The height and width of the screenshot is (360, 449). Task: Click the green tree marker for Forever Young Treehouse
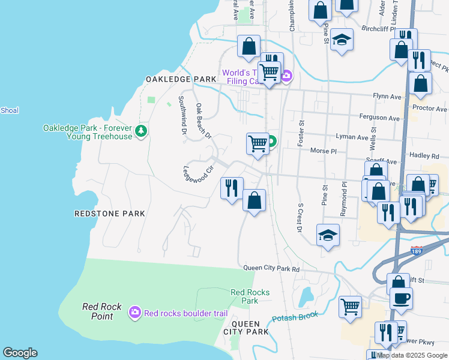pos(142,131)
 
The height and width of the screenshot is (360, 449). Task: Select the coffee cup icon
pos(401,297)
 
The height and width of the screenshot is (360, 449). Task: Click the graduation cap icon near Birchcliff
pos(342,40)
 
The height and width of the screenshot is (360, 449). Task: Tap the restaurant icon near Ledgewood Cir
pos(232,188)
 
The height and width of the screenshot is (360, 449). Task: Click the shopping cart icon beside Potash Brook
pos(351,307)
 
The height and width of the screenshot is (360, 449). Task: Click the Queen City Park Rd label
pos(271,269)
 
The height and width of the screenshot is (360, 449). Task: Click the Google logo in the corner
pos(20,353)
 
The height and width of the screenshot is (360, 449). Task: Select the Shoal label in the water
pos(10,110)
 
